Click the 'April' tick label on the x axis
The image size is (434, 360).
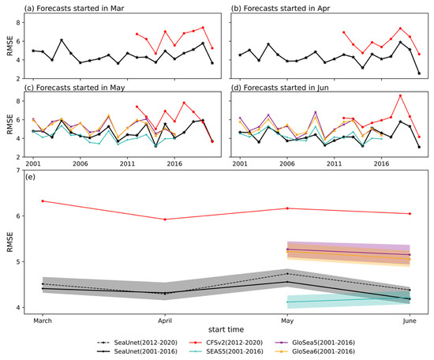coord(165,320)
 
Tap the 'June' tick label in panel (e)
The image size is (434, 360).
coord(410,320)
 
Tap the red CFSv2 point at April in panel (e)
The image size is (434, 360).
coord(165,219)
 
